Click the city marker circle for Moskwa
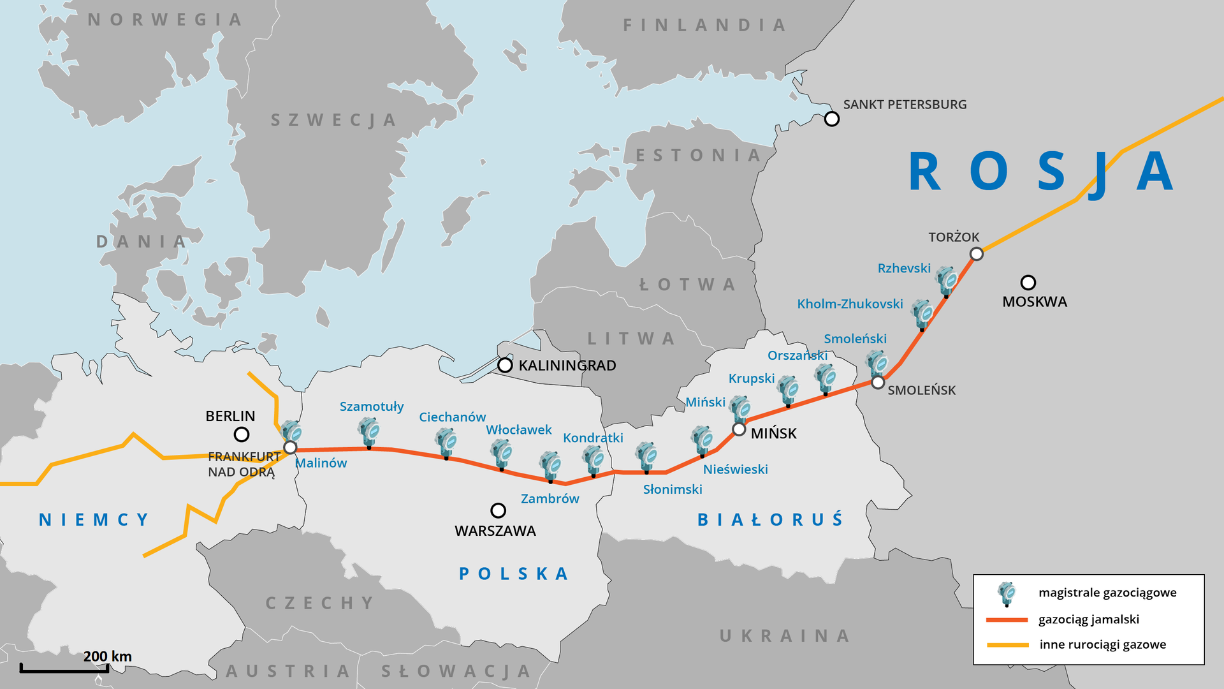tap(1028, 282)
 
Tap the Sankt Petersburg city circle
tap(831, 119)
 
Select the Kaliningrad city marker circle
tap(505, 365)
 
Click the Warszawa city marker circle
tap(498, 510)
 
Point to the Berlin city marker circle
tap(241, 434)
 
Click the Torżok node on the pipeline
tap(976, 254)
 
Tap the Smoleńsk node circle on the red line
tap(878, 383)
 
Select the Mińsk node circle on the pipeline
tap(739, 429)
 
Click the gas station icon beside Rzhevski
tap(947, 281)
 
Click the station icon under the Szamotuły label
tap(369, 432)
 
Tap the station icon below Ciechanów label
tap(446, 442)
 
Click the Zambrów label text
tap(550, 499)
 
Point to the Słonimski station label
tap(672, 489)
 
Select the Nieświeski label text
tap(735, 470)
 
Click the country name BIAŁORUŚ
tap(770, 519)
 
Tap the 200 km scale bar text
tap(107, 656)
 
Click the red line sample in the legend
tap(1007, 619)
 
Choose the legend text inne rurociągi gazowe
tap(1102, 644)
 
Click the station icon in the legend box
tap(1007, 593)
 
